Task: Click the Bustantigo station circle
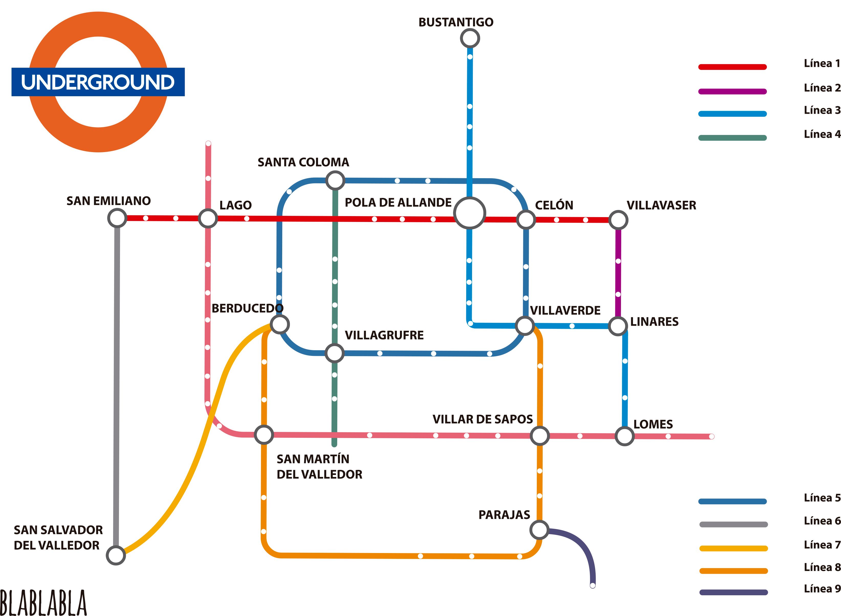(x=470, y=38)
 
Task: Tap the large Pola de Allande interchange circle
(x=469, y=213)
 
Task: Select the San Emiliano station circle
(x=117, y=218)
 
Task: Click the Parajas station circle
(x=539, y=529)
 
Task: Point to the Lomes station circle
(x=625, y=436)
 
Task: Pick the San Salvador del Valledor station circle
(x=116, y=555)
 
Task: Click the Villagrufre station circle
(x=335, y=353)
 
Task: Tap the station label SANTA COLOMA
(x=303, y=162)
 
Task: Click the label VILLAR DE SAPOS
(x=483, y=419)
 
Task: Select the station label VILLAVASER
(x=661, y=205)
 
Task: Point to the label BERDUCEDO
(x=247, y=308)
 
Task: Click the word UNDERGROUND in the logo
(x=98, y=82)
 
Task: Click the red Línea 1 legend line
(x=733, y=67)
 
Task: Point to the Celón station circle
(x=526, y=219)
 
